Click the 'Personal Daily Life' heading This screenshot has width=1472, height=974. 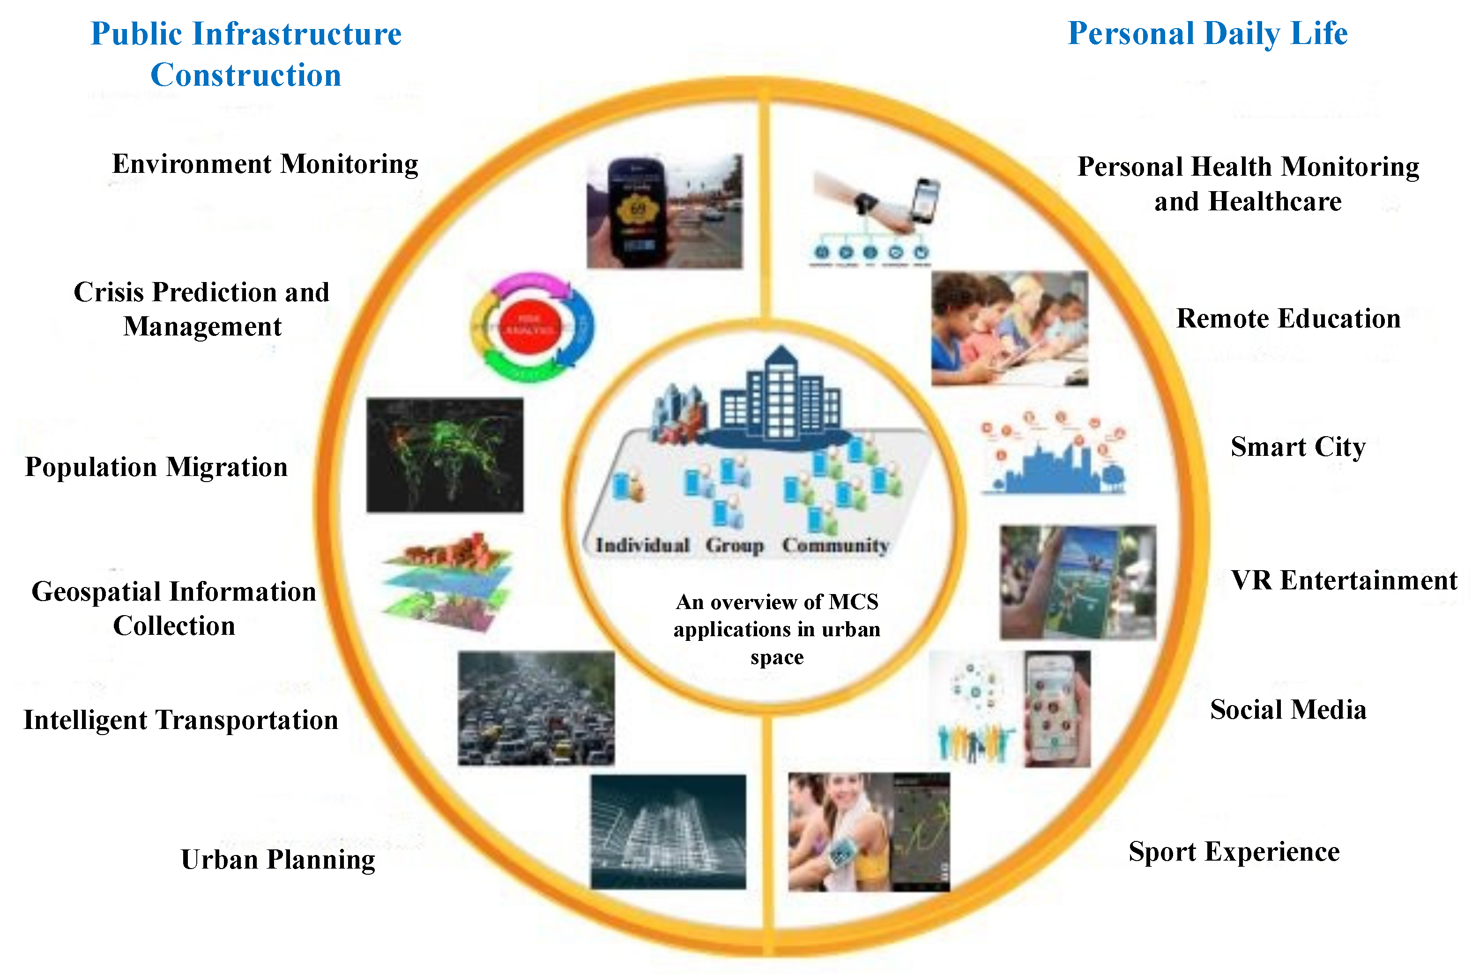(x=1207, y=34)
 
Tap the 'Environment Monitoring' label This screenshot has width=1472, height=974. (x=265, y=164)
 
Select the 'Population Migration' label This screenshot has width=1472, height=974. (x=156, y=467)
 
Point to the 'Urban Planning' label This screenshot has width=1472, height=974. (x=278, y=860)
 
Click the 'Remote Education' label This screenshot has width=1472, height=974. (x=1288, y=319)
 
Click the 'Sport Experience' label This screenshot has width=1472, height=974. (x=1234, y=852)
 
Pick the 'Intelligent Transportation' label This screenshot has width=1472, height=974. (x=181, y=721)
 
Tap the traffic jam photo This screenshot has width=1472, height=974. (x=536, y=708)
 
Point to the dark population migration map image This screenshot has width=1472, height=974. (x=445, y=455)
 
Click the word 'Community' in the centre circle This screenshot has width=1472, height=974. (x=835, y=545)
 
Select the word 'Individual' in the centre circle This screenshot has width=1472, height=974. (x=642, y=545)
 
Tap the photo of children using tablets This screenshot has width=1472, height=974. (x=1009, y=328)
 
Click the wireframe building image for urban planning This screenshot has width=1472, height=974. (x=668, y=831)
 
